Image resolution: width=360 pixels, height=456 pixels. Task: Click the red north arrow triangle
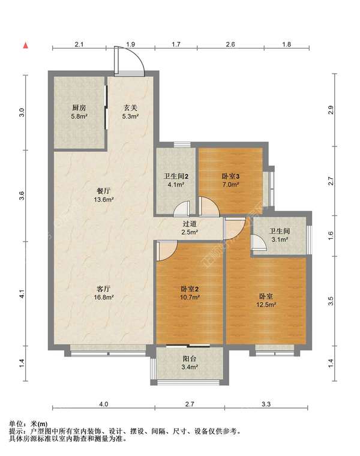(x=26, y=46)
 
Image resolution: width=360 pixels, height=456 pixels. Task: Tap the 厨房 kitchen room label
(x=79, y=108)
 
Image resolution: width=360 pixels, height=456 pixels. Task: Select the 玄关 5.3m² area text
(x=130, y=116)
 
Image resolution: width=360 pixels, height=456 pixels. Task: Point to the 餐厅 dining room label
(x=104, y=191)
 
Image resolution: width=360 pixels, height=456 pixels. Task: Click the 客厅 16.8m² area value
(x=104, y=297)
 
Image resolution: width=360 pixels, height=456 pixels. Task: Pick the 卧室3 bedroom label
(x=230, y=176)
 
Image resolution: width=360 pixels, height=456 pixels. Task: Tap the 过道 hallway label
(x=190, y=224)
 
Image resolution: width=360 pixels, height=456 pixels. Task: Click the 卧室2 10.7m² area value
(x=190, y=297)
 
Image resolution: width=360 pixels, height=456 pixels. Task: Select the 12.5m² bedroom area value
(x=266, y=305)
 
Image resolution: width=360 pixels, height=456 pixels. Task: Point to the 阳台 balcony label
(x=190, y=359)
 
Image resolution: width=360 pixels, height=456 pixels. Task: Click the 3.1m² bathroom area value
(x=280, y=239)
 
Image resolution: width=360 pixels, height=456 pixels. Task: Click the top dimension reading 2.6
(x=230, y=44)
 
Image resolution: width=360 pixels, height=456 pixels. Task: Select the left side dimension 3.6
(x=22, y=196)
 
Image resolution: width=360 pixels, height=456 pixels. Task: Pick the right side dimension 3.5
(x=331, y=301)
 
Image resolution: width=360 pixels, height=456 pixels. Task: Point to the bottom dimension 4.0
(x=104, y=404)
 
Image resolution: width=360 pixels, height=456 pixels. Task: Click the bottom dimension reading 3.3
(x=266, y=404)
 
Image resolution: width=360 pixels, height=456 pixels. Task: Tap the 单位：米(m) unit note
(x=28, y=424)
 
